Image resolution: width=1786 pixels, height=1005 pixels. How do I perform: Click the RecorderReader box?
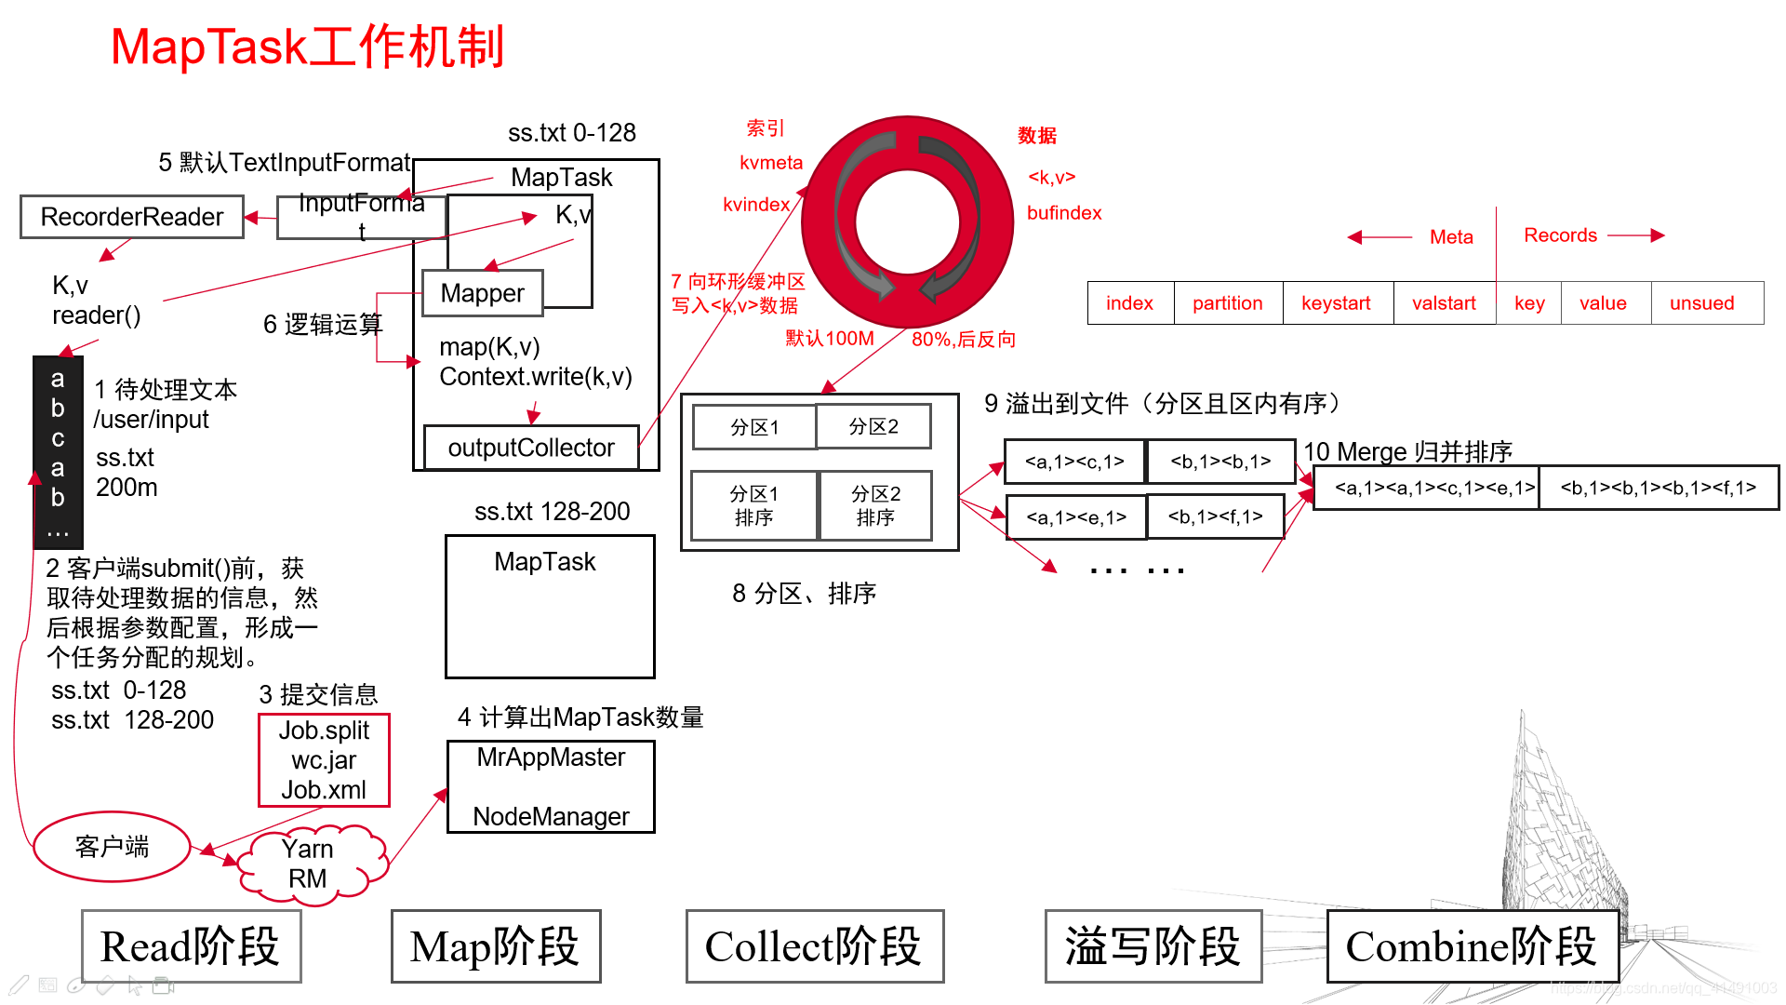click(x=132, y=217)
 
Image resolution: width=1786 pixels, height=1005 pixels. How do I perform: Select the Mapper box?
click(x=482, y=293)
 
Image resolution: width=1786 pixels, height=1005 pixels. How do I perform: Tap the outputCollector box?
click(x=531, y=448)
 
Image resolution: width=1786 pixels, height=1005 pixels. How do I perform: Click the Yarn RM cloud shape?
click(x=309, y=864)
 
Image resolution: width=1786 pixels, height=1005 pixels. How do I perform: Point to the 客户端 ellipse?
click(x=112, y=847)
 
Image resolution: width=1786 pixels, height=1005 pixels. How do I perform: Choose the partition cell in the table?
click(x=1227, y=303)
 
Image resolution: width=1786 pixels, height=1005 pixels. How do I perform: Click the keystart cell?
click(x=1336, y=303)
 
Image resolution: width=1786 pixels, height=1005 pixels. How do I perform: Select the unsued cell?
click(x=1701, y=303)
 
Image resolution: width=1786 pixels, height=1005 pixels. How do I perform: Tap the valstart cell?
click(x=1444, y=303)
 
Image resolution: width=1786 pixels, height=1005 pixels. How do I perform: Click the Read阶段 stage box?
click(x=191, y=946)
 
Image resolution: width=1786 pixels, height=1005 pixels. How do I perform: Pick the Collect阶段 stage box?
click(x=814, y=946)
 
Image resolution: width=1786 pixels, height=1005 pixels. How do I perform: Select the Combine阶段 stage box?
click(x=1472, y=946)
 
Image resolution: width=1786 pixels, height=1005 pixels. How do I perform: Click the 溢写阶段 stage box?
click(x=1153, y=946)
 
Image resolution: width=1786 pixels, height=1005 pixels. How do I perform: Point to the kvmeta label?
click(x=771, y=163)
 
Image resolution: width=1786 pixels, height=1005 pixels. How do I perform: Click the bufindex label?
click(x=1064, y=213)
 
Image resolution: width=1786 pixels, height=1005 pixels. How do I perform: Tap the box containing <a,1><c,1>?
click(x=1074, y=462)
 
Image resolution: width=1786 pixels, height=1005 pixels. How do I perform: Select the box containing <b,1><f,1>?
click(x=1215, y=517)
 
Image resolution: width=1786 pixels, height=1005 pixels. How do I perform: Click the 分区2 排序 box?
click(x=875, y=505)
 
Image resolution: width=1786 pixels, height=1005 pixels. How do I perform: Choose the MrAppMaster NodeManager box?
click(x=551, y=786)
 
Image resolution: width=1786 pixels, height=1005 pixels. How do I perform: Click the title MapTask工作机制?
click(x=307, y=47)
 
